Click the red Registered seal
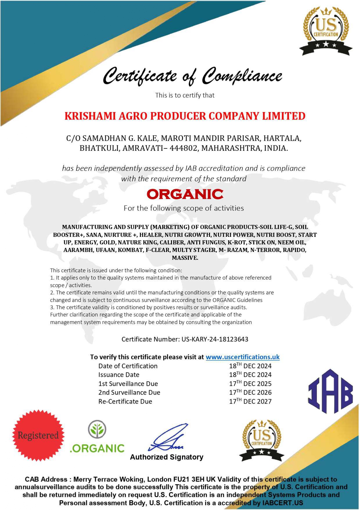(x=38, y=435)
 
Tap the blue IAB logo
(x=330, y=391)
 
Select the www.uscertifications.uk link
(x=242, y=357)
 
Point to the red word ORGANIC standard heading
(x=185, y=194)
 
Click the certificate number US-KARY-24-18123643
(x=215, y=339)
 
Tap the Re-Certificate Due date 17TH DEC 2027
(x=250, y=401)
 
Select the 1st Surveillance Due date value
(x=250, y=384)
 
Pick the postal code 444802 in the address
(x=183, y=148)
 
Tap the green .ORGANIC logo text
(x=97, y=448)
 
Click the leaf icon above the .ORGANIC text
(x=97, y=429)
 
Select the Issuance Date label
(x=119, y=375)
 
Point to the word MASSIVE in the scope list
(x=185, y=258)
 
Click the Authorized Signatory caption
(x=167, y=457)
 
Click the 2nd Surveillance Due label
(x=129, y=393)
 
